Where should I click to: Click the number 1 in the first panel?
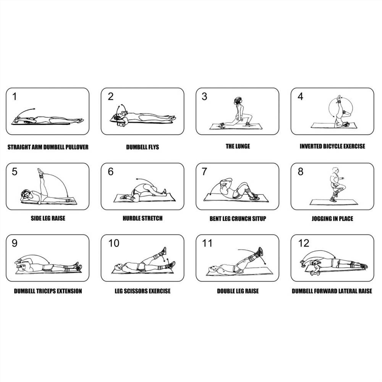pos(15,97)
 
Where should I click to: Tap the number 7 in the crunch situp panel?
pos(204,172)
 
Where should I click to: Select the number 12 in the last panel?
pos(304,243)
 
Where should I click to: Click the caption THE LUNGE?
pos(238,146)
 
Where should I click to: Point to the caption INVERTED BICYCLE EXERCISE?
pos(332,146)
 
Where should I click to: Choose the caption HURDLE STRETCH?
pos(142,218)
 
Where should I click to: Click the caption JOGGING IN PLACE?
pos(332,219)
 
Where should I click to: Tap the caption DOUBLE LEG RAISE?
pos(238,291)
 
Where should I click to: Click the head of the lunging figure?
pos(238,101)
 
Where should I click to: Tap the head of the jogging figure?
pos(335,170)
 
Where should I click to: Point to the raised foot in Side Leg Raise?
pos(40,171)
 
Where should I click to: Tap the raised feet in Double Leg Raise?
pos(260,251)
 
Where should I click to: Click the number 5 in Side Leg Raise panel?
pos(15,172)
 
